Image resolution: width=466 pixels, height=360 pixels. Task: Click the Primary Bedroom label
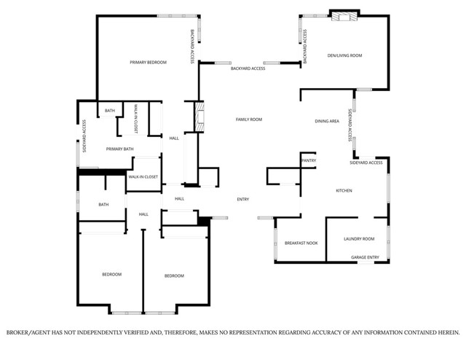pyautogui.click(x=148, y=63)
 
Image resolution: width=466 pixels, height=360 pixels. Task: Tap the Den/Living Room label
pyautogui.click(x=344, y=55)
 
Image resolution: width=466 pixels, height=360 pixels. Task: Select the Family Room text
pyautogui.click(x=248, y=119)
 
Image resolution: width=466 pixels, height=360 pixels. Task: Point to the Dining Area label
pyautogui.click(x=327, y=121)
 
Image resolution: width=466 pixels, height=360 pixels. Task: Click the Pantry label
pyautogui.click(x=308, y=160)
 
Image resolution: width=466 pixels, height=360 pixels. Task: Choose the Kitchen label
pyautogui.click(x=344, y=191)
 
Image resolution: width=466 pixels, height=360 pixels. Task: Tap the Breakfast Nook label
pyautogui.click(x=301, y=243)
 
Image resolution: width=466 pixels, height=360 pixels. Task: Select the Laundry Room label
pyautogui.click(x=359, y=239)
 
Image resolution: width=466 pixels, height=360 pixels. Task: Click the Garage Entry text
pyautogui.click(x=365, y=257)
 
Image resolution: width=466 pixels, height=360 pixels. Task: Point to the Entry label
pyautogui.click(x=243, y=199)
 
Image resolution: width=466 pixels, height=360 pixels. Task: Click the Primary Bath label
pyautogui.click(x=119, y=149)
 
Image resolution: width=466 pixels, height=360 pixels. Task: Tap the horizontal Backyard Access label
pyautogui.click(x=248, y=69)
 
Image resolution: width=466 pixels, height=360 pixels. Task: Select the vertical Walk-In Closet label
pyautogui.click(x=136, y=119)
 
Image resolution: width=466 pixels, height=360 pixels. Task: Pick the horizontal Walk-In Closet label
pyautogui.click(x=143, y=177)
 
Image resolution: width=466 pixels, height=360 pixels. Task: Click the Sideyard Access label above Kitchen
pyautogui.click(x=366, y=163)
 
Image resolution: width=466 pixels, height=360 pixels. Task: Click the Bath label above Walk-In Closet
pyautogui.click(x=109, y=111)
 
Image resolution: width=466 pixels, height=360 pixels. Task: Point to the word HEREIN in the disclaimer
pyautogui.click(x=446, y=333)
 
